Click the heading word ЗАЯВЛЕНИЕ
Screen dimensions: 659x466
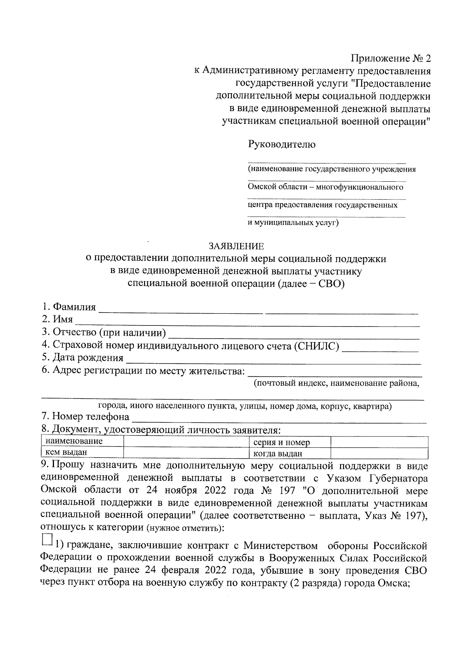236,246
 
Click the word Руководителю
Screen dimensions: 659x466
282,144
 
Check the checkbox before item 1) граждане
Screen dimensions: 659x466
47,539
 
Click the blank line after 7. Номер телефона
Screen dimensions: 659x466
280,420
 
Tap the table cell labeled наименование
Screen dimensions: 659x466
74,441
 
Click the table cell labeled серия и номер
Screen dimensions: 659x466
282,442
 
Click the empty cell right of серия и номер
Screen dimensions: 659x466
379,442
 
